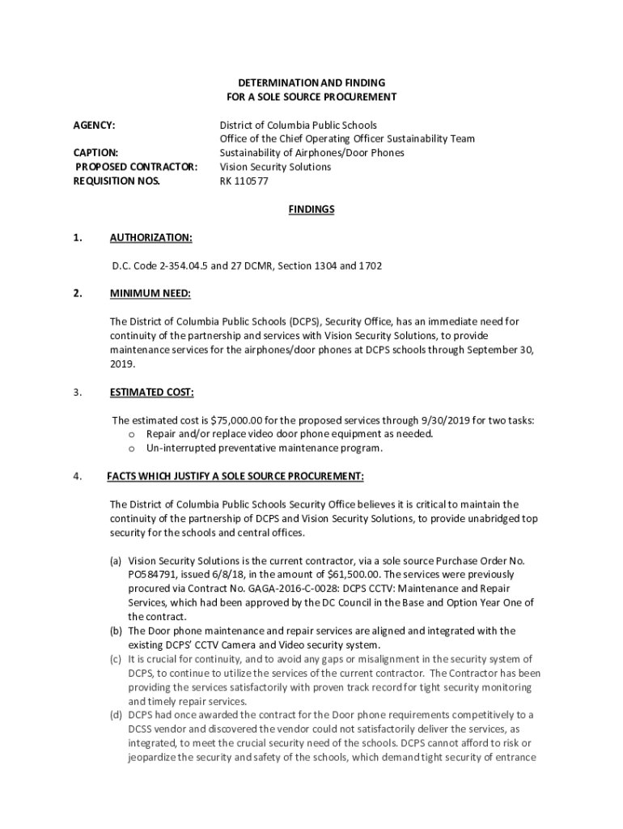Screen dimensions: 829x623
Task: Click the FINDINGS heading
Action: pos(311,210)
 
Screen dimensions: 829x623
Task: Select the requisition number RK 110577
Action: pos(244,181)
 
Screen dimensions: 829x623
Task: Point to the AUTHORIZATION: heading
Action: pos(151,238)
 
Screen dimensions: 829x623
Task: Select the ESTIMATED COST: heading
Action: pos(152,393)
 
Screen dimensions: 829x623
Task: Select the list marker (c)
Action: pos(117,659)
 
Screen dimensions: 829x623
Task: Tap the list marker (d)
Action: pos(117,715)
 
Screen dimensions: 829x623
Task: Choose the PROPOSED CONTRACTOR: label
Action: pos(136,167)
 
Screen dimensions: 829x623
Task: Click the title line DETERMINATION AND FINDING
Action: pos(311,83)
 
